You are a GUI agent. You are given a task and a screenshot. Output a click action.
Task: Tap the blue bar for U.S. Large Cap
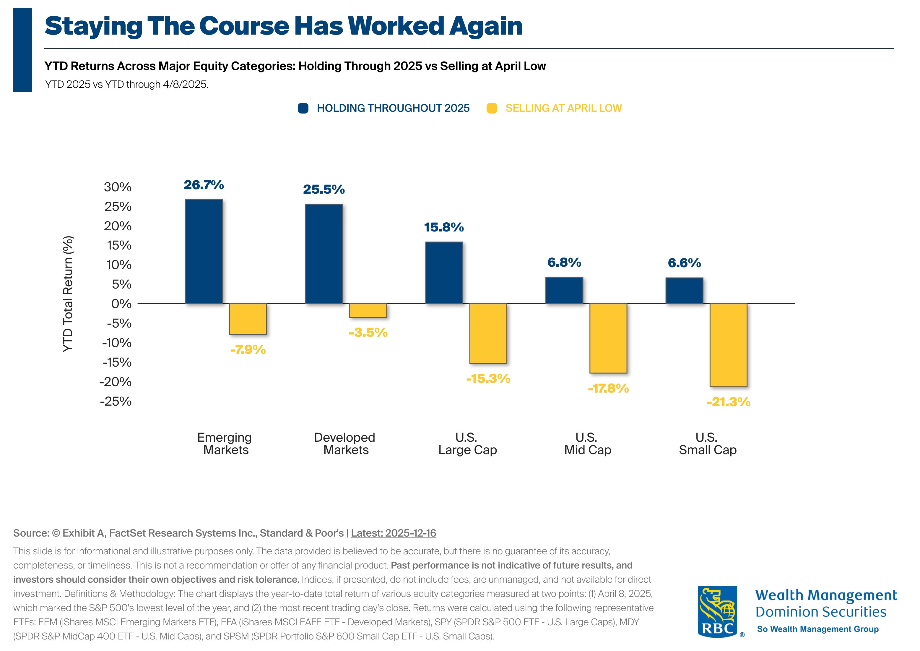(444, 273)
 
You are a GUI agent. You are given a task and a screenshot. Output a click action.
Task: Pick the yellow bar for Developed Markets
(368, 311)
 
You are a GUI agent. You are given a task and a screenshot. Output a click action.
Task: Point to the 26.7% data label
(204, 185)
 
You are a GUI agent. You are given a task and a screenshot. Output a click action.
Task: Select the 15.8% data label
(444, 227)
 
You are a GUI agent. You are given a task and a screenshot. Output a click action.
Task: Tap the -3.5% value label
(368, 332)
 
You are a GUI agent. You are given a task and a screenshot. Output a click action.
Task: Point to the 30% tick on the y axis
(117, 187)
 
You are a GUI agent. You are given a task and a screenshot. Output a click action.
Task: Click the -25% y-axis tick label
(116, 401)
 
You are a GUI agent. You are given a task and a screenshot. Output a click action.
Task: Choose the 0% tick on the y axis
(121, 304)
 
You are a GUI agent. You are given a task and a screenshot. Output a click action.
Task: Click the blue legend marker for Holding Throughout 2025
(303, 108)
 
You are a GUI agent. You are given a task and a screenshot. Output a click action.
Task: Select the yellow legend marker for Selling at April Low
(492, 108)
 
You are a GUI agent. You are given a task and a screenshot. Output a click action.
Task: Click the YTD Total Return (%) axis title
(68, 294)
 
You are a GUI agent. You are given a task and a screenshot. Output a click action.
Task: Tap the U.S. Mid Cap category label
(587, 443)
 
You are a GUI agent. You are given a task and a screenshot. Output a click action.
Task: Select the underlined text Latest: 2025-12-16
(393, 533)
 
